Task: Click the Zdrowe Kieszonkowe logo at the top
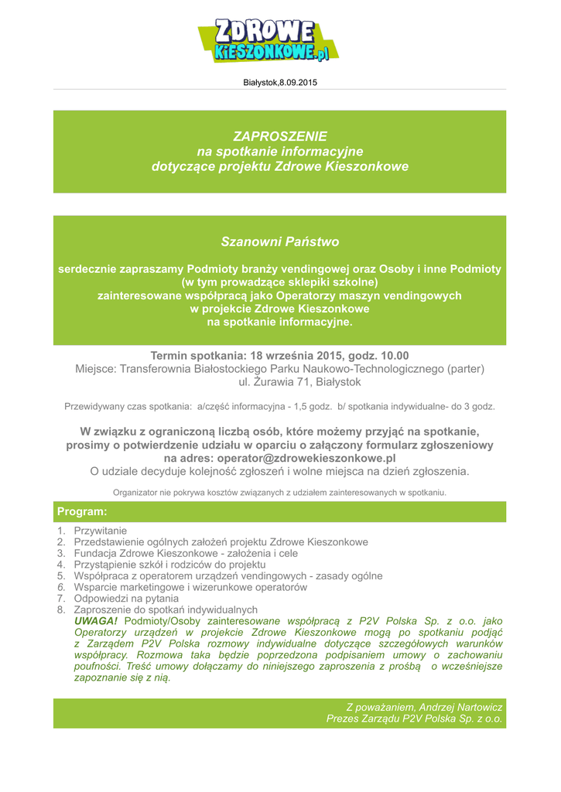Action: click(269, 40)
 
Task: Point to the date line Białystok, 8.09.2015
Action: click(280, 82)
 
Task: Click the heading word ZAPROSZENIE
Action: click(280, 136)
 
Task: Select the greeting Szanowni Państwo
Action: click(280, 241)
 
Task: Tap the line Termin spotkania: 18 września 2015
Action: click(280, 356)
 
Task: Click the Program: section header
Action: click(82, 512)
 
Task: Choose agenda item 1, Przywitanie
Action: click(100, 531)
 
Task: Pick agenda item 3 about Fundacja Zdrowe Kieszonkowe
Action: click(186, 554)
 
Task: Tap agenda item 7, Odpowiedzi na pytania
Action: click(126, 598)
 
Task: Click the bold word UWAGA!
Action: click(97, 621)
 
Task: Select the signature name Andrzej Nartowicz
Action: click(461, 707)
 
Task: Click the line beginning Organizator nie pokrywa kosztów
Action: click(280, 492)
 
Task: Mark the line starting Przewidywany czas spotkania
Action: click(280, 406)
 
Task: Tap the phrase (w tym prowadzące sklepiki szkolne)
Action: click(280, 282)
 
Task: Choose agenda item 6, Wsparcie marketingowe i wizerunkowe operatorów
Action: click(190, 587)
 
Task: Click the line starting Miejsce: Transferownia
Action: click(280, 369)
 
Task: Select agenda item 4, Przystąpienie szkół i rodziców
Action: click(169, 565)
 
